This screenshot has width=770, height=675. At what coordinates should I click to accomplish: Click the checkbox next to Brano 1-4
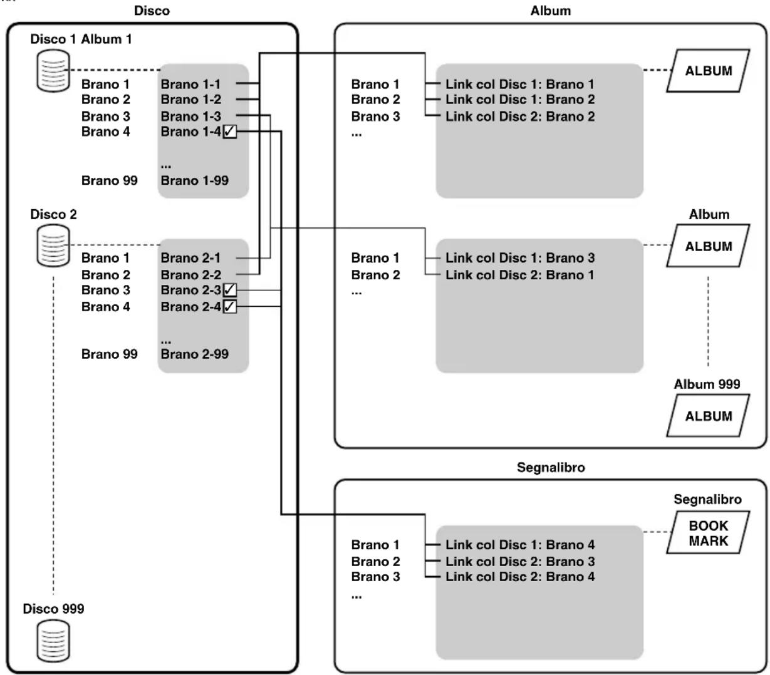coord(229,131)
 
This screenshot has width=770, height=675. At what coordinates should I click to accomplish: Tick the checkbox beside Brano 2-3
coord(229,290)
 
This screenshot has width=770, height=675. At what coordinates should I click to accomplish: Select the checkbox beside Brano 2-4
coord(229,306)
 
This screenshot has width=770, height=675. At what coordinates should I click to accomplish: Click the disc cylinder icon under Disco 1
coord(53,71)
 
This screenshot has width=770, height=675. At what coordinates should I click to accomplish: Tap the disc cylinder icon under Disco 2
coord(53,245)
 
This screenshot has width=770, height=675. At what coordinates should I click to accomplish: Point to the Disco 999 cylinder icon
coord(53,641)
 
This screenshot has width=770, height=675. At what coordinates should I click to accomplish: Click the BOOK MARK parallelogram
coord(708,532)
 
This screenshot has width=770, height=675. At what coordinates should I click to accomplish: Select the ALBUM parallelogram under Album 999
coord(708,416)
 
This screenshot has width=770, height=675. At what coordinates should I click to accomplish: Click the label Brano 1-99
coord(195,180)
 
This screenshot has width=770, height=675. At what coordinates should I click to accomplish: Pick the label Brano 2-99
coord(195,354)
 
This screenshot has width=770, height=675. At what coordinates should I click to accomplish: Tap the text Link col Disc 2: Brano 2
coord(520,116)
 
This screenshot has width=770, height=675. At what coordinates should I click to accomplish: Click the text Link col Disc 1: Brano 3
coord(520,258)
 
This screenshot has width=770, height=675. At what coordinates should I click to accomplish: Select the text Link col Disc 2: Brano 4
coord(520,577)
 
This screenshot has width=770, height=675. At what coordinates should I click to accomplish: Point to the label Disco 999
coord(53,609)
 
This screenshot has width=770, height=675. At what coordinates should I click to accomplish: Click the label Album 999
coord(707,384)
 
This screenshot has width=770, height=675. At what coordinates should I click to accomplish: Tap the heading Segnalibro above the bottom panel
coord(551,468)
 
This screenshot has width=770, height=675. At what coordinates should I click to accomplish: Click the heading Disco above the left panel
coord(152,11)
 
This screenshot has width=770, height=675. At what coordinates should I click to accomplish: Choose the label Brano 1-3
coord(191,116)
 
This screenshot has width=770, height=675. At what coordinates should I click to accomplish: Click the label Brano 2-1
coord(190,258)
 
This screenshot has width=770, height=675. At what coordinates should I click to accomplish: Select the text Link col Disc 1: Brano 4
coord(520,545)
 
